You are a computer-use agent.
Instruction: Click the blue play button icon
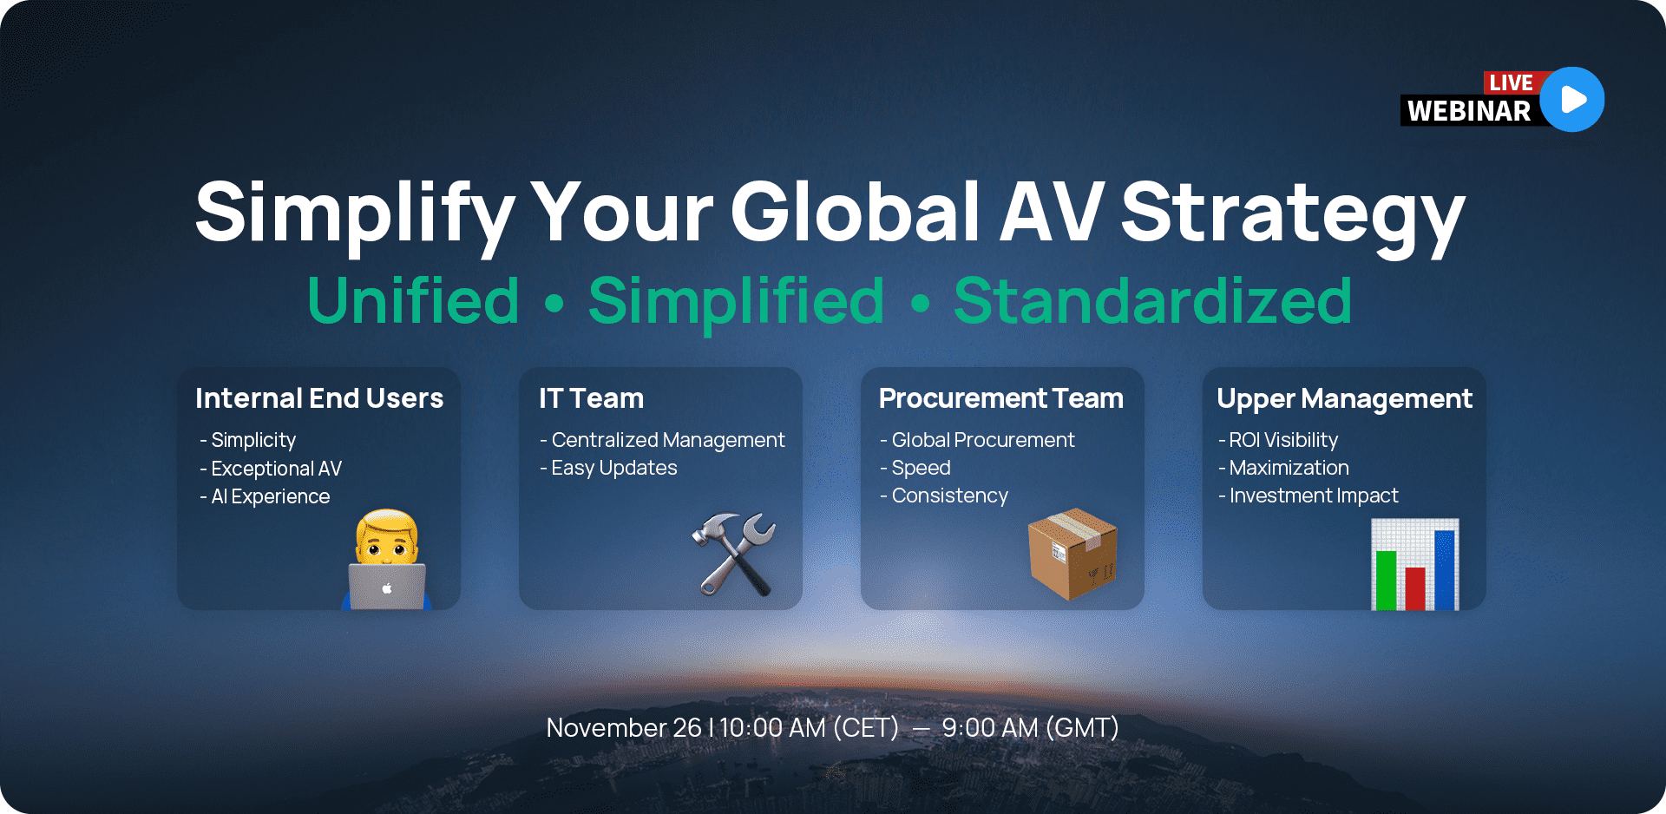[1571, 100]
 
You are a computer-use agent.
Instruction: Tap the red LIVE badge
[1511, 82]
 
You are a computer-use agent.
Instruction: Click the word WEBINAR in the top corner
[1469, 111]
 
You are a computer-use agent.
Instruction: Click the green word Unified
[413, 301]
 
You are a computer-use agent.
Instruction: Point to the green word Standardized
[1152, 301]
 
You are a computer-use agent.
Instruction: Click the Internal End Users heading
[319, 398]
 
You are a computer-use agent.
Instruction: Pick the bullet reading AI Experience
[270, 496]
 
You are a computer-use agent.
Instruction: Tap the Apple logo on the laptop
[387, 589]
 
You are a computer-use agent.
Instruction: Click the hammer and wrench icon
[734, 554]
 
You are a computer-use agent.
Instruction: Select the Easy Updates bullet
[613, 468]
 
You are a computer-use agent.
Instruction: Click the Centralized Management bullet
[667, 440]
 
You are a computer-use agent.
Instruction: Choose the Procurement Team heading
[1000, 398]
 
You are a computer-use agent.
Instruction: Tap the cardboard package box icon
[1072, 554]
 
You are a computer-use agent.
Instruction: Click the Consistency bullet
[949, 496]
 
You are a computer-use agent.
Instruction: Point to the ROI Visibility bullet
[1282, 440]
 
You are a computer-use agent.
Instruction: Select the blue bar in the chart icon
[1445, 570]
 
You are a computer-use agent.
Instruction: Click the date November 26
[623, 727]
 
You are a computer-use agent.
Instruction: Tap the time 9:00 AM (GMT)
[1030, 727]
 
